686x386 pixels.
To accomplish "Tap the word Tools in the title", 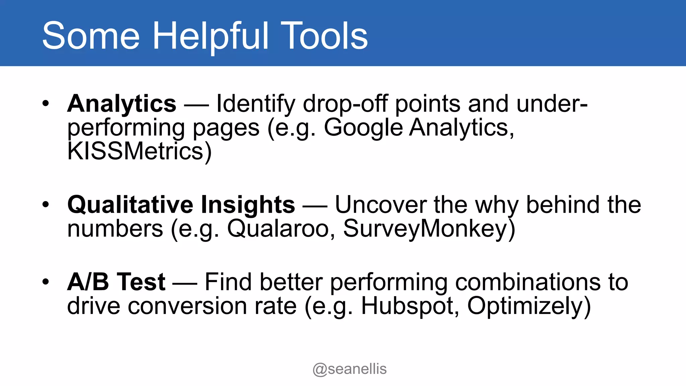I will (x=324, y=36).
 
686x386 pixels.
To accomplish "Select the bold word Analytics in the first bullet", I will (x=122, y=104).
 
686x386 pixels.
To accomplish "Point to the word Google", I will (x=363, y=128).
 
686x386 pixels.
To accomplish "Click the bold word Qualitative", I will (x=130, y=205).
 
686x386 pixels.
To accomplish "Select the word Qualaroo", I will (x=278, y=229).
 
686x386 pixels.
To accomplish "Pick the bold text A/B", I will (x=88, y=282).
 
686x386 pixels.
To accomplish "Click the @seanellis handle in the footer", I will (x=349, y=369).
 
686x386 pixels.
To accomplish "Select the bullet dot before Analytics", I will (x=46, y=104).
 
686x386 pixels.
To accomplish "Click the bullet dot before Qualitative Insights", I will (x=46, y=204).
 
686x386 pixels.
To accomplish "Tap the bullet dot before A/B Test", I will (x=46, y=282).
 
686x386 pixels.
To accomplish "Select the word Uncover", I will (x=381, y=205).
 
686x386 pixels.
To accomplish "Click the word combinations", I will (x=524, y=282).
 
